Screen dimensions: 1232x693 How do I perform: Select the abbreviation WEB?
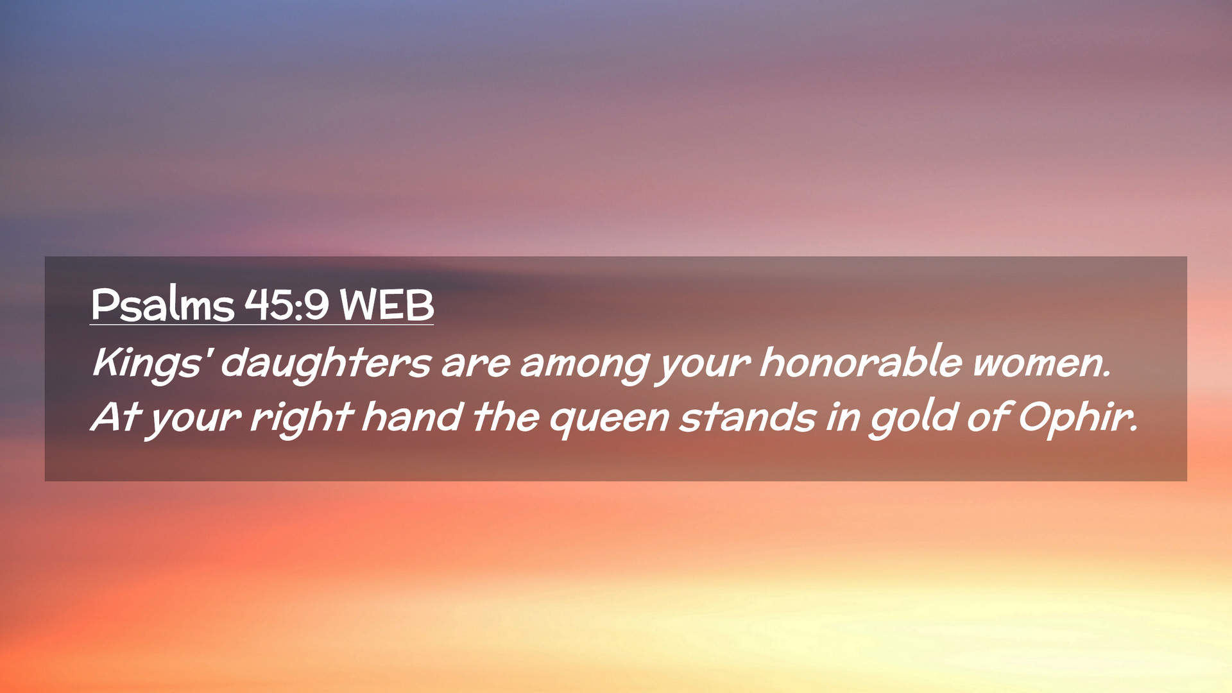click(387, 305)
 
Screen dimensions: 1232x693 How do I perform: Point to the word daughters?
click(325, 363)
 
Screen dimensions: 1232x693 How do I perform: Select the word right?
click(302, 417)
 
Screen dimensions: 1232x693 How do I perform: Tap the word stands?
click(748, 417)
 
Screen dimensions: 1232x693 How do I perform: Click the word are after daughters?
click(475, 364)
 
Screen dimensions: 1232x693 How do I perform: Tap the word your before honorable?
click(703, 366)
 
